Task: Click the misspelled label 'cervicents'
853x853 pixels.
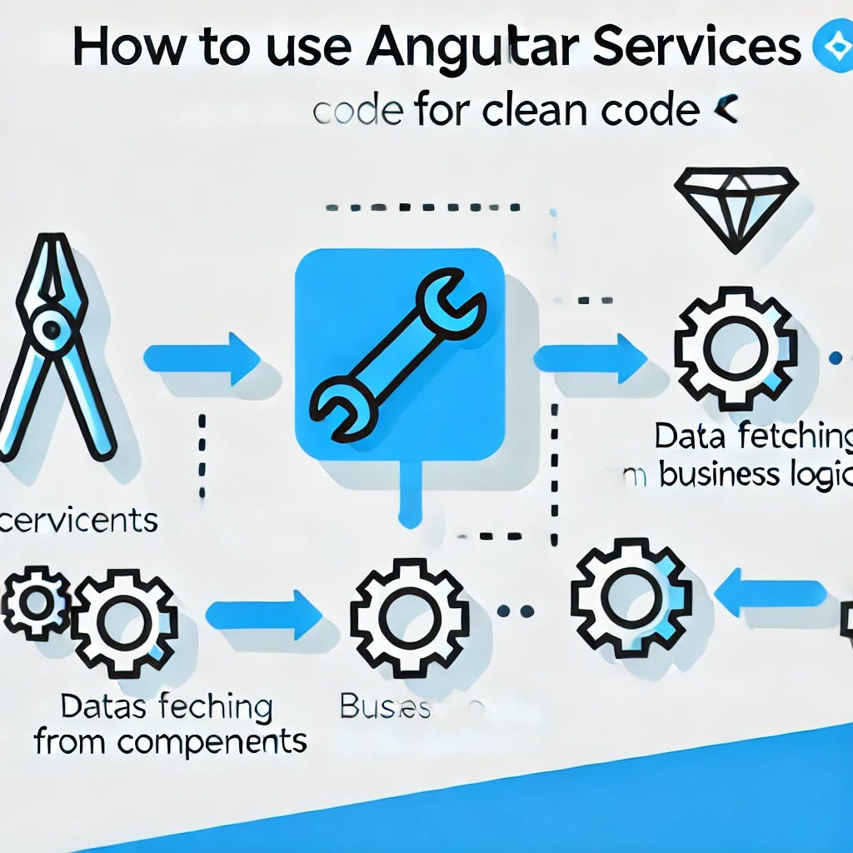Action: click(79, 521)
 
